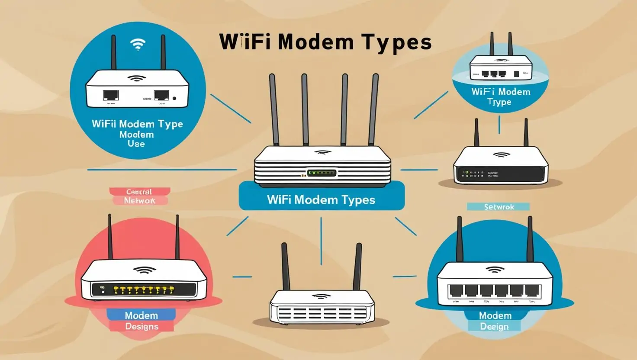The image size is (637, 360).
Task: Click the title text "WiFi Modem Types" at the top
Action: tap(325, 42)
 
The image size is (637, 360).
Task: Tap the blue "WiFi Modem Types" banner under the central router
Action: tap(321, 199)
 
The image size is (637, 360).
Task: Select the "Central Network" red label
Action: tap(139, 196)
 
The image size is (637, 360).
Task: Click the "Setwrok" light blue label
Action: tap(499, 207)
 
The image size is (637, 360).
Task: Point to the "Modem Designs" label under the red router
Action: tap(142, 321)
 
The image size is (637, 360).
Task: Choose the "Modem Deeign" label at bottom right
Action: tap(495, 321)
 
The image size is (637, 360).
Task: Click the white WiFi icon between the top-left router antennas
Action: tap(138, 44)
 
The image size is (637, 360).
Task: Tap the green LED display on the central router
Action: tap(322, 173)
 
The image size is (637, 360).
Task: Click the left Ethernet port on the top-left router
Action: tap(111, 95)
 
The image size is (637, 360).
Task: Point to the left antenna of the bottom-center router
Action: tap(285, 266)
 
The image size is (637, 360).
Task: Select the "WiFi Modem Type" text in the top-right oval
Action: tap(501, 96)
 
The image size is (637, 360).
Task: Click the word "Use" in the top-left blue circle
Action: tap(136, 144)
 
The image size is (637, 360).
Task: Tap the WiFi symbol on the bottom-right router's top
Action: tap(495, 270)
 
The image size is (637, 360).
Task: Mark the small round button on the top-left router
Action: tap(174, 98)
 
